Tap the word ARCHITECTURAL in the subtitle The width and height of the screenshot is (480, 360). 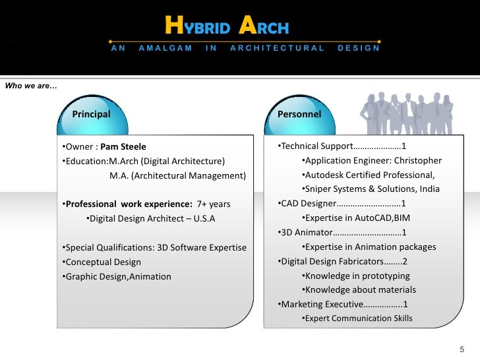[x=277, y=48]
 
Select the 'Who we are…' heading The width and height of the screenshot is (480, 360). [x=31, y=85]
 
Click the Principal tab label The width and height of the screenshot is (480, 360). [x=91, y=114]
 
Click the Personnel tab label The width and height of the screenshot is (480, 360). [x=299, y=114]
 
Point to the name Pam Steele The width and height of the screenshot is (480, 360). [x=123, y=146]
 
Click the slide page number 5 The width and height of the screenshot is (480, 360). [x=462, y=349]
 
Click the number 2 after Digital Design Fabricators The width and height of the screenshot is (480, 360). [x=405, y=261]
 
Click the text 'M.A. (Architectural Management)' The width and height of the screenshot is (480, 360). [x=177, y=175]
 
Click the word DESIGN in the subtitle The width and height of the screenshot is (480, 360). [x=359, y=48]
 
